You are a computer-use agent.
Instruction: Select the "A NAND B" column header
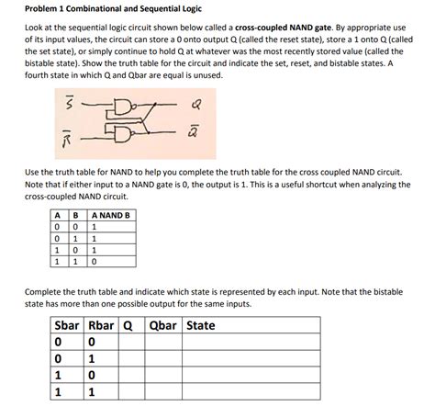[x=113, y=217]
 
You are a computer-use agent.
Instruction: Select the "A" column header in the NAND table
[x=56, y=217]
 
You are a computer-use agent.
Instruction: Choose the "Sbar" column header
[x=67, y=326]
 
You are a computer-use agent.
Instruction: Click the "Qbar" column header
[x=163, y=326]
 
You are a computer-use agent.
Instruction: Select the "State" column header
[x=201, y=326]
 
